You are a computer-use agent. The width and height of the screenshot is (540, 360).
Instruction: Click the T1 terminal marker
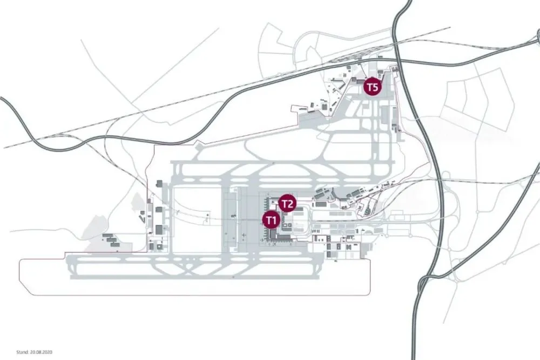(x=271, y=220)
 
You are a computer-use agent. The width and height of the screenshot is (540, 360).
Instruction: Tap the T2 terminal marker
(x=288, y=203)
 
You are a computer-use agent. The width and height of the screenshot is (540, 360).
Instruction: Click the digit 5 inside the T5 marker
(x=375, y=86)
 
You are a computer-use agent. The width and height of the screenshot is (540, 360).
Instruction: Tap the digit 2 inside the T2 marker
(x=291, y=203)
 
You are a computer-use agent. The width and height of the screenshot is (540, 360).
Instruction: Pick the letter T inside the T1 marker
(x=268, y=220)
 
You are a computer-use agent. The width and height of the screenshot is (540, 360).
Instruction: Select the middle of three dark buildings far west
(x=111, y=239)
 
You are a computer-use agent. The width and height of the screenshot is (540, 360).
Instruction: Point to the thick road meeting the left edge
(x=3, y=99)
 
